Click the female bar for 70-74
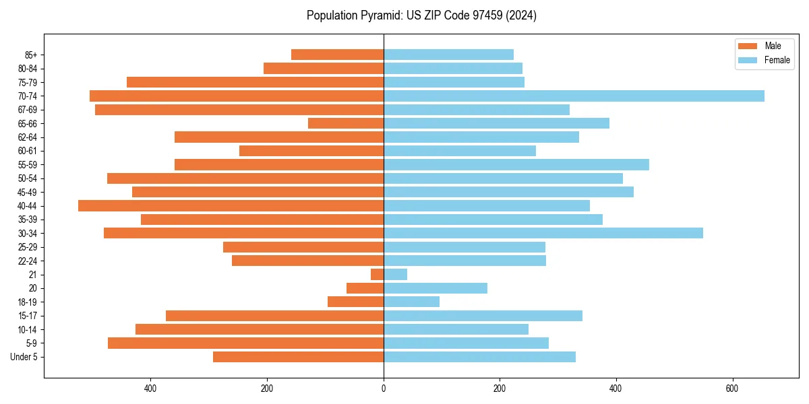[574, 96]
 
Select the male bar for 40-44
[231, 206]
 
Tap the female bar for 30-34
[543, 233]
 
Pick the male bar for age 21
[378, 275]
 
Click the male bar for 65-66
[346, 123]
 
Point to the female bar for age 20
[436, 288]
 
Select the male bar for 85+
[337, 55]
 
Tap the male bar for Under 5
[298, 357]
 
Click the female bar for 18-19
[411, 302]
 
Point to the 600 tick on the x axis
[732, 389]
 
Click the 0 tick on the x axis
[384, 389]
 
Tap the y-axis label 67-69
[28, 110]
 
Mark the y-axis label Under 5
[24, 357]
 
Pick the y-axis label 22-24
[28, 261]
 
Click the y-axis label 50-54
[28, 178]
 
